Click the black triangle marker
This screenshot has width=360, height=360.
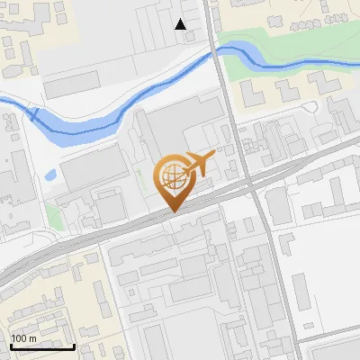point(181,24)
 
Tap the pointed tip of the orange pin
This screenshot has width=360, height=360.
point(173,211)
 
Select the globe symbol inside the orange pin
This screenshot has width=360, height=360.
point(172,177)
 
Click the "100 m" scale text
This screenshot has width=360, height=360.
point(24,337)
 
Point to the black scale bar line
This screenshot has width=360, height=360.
point(42,346)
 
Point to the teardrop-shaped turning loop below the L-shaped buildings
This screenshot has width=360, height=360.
point(310,109)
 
